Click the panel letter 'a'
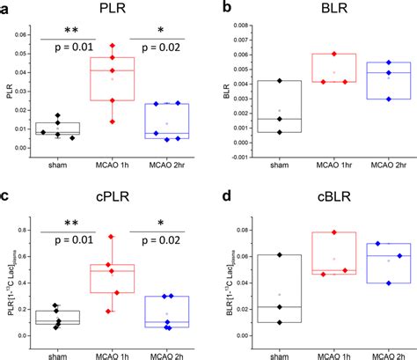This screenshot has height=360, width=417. click(6, 9)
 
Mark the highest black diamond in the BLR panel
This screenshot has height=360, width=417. click(279, 81)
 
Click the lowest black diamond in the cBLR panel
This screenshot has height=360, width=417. click(279, 322)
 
